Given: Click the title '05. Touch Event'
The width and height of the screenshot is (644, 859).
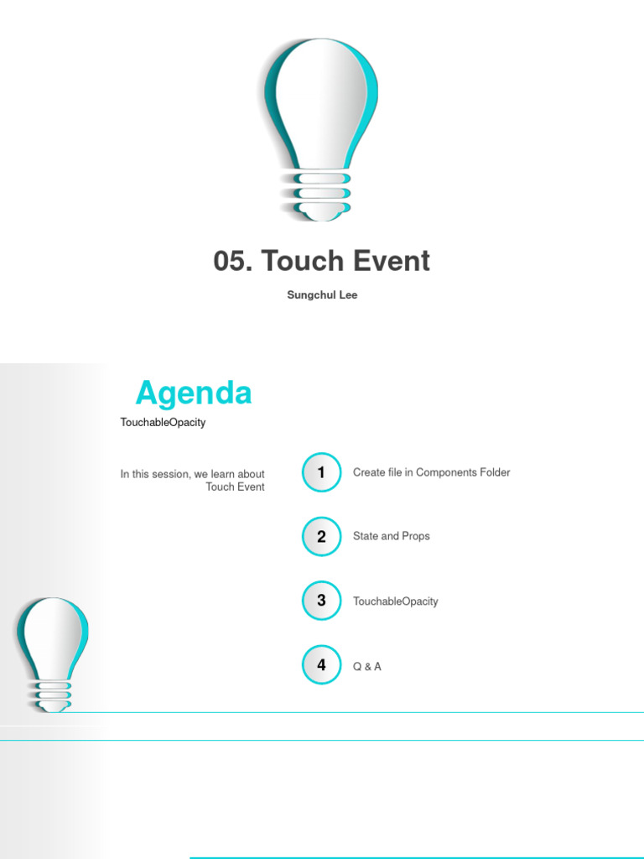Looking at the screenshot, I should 322,262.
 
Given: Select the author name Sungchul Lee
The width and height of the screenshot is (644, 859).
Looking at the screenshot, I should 322,295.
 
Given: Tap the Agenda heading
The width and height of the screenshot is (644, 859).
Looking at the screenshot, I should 194,393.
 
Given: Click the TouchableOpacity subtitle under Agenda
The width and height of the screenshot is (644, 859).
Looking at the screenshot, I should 163,423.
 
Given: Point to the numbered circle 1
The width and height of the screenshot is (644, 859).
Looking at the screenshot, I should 321,473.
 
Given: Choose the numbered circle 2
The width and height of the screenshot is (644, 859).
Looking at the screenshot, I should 321,537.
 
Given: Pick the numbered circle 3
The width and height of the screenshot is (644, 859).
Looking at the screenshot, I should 321,601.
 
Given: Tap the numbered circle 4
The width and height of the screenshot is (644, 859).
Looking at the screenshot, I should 321,665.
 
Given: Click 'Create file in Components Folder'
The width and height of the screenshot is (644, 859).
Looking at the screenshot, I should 431,472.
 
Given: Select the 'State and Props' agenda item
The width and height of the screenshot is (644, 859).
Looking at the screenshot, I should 392,536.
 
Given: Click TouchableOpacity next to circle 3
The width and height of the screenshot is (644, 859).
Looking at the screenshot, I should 396,601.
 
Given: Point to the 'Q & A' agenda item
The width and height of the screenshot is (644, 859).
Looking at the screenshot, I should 367,667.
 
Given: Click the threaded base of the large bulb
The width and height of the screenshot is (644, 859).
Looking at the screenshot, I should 321,195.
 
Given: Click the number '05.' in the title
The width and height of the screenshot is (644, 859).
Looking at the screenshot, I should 233,262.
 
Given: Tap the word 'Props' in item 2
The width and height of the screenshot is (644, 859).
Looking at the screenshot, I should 415,536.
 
